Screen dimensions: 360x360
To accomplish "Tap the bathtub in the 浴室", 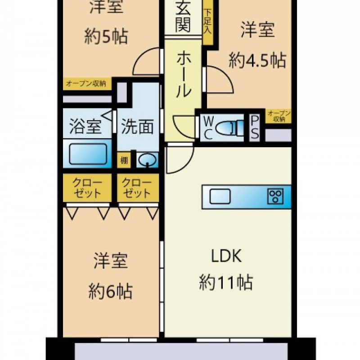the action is [x=88, y=153].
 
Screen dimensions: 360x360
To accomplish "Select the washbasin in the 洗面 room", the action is [x=147, y=159].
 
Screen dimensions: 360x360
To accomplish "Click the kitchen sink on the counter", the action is [x=220, y=196].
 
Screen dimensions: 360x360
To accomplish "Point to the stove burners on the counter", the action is [x=275, y=196].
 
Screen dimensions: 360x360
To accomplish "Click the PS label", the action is [x=255, y=127].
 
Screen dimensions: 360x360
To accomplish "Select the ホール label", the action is [x=184, y=73].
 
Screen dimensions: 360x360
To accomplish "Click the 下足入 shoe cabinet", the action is [x=208, y=22].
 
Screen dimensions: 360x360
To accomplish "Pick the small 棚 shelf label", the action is [x=124, y=160].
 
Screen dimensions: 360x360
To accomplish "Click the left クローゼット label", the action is [x=87, y=188].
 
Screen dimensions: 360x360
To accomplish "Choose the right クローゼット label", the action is [x=137, y=188].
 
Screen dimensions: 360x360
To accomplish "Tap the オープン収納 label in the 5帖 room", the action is [x=86, y=84].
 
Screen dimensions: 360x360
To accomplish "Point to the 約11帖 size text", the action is [x=226, y=283].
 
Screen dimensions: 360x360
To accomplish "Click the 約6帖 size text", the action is [x=110, y=291].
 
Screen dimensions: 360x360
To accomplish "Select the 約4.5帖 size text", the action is [x=257, y=60].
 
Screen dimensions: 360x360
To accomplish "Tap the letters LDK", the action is [x=226, y=256].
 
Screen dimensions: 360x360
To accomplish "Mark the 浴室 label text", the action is [x=85, y=126].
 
